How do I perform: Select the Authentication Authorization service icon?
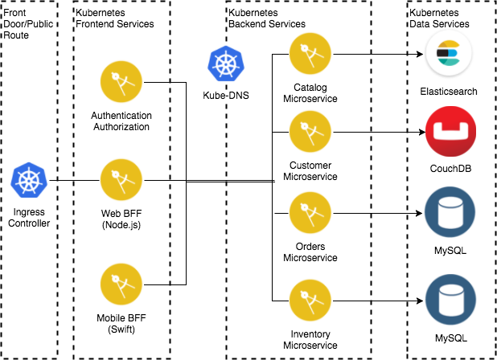[120, 82]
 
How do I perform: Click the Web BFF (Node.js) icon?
[120, 179]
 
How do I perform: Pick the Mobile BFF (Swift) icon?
[120, 285]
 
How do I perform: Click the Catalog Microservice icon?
[310, 53]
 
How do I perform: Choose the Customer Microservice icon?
[310, 131]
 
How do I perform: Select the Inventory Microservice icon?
[310, 300]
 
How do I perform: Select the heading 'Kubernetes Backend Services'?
[268, 18]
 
